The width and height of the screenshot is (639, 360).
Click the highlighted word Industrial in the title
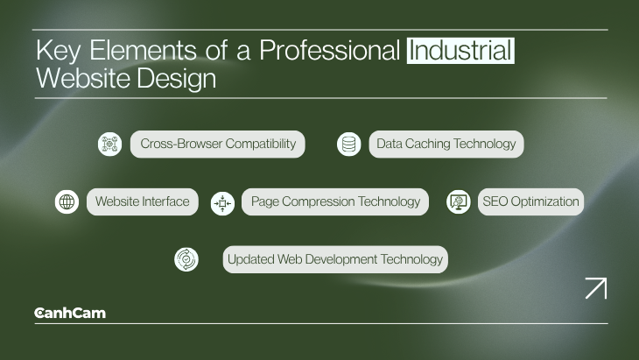(460, 51)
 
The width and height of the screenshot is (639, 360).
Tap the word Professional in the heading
(330, 51)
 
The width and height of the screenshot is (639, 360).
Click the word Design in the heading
(177, 79)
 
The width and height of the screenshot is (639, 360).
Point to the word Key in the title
(59, 52)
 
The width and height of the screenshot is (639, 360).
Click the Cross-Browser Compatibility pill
(218, 144)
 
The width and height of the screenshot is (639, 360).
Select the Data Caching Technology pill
(446, 144)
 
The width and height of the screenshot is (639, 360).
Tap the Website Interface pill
(143, 201)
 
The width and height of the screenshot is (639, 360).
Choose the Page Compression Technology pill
(335, 201)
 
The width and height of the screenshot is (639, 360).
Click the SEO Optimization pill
(530, 201)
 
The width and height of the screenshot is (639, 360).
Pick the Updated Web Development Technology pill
(335, 259)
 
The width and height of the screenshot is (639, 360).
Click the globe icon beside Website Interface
(67, 201)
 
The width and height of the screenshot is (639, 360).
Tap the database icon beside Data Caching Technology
(349, 144)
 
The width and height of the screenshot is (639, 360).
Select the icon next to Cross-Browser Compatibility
(109, 144)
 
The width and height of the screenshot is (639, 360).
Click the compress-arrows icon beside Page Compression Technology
(222, 203)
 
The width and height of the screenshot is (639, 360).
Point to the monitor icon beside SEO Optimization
(459, 201)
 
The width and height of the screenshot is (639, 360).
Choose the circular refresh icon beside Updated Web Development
(186, 259)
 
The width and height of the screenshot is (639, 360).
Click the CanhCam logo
(70, 313)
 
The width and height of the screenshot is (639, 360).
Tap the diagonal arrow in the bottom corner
(596, 288)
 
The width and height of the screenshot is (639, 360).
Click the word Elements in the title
(144, 51)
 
